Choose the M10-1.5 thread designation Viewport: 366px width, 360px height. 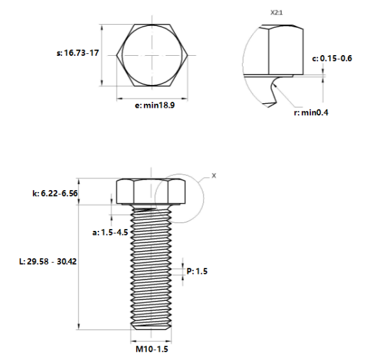[152, 349]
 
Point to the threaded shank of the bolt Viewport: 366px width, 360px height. [152, 266]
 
